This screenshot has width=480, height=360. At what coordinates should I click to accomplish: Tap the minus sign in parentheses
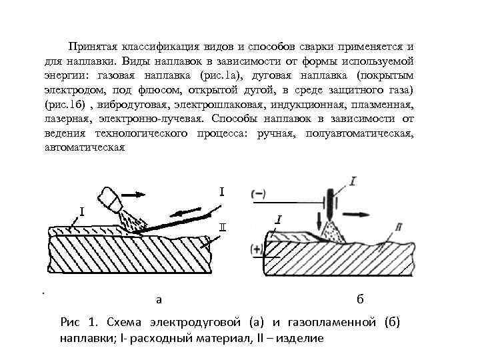click(259, 193)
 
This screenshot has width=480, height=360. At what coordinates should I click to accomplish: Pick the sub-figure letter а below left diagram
click(158, 299)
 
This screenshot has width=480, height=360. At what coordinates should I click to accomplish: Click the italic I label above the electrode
click(353, 180)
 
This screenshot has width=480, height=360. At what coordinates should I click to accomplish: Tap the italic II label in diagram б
click(399, 228)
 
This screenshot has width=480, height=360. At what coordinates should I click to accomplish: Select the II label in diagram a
click(221, 226)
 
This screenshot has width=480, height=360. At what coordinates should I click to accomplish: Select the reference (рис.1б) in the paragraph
click(66, 105)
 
